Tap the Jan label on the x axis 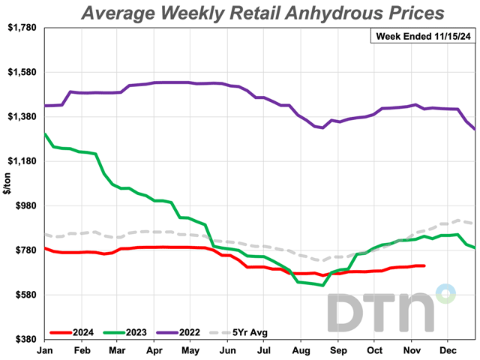(45, 349)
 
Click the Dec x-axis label (448, 349)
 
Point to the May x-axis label (190, 349)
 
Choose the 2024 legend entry (73, 331)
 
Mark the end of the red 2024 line (424, 265)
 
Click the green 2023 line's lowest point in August (322, 286)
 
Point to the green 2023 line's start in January (45, 134)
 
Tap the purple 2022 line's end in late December (475, 130)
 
